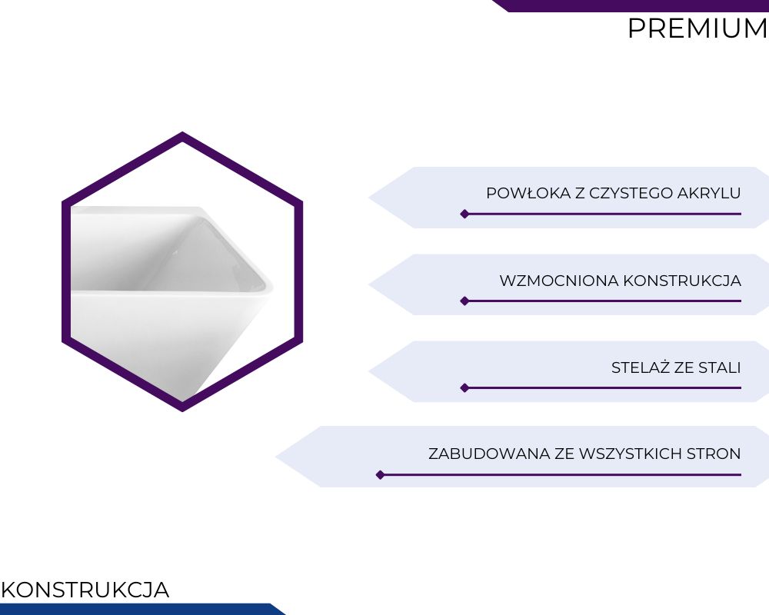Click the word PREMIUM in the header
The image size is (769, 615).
[x=697, y=28]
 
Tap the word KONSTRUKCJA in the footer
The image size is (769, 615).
[x=85, y=590]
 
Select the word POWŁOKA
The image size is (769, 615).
[x=529, y=193]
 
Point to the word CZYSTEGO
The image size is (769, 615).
[x=631, y=193]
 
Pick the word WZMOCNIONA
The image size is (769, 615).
[x=559, y=281]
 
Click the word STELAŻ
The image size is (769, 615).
[x=641, y=367]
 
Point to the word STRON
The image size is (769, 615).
[x=714, y=454]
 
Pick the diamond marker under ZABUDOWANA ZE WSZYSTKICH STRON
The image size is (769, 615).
[x=380, y=475]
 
